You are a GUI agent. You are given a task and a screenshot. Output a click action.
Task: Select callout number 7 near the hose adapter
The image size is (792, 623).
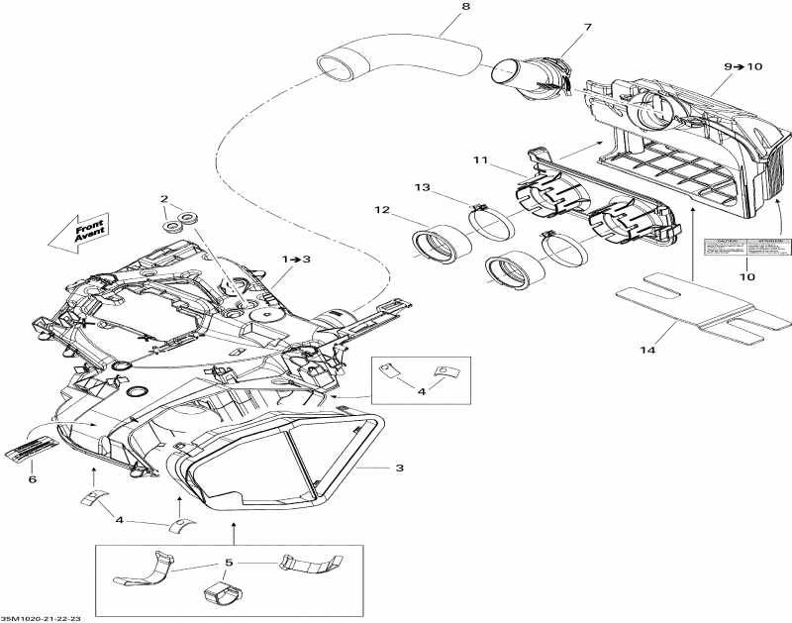[587, 27]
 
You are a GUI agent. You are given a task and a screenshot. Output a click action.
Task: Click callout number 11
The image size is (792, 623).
[481, 159]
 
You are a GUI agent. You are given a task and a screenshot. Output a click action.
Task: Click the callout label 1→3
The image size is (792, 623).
[296, 259]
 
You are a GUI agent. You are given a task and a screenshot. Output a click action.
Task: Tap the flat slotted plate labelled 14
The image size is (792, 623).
[703, 309]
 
